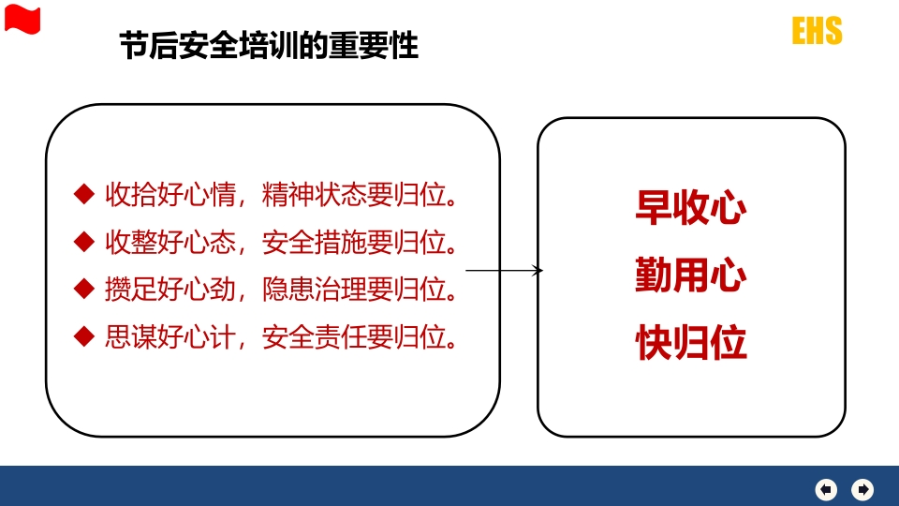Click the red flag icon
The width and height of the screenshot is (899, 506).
[x=22, y=19]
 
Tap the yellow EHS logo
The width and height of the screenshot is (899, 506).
[x=817, y=30]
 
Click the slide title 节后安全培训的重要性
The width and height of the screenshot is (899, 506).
[x=269, y=46]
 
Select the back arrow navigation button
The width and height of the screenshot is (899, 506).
[x=826, y=489]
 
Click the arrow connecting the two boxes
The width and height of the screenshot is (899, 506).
[x=504, y=270]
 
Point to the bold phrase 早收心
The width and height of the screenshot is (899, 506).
[x=691, y=207]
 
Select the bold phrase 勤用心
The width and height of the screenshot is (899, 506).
[x=691, y=275]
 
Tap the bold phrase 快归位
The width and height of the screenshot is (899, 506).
[x=691, y=343]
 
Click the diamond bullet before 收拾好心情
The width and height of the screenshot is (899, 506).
[x=84, y=194]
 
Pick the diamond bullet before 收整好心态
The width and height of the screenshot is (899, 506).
[x=84, y=242]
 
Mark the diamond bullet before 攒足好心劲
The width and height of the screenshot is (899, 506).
[x=84, y=289]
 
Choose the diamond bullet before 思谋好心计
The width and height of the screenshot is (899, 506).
[x=84, y=336]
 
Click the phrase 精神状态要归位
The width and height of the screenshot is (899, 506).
[x=354, y=195]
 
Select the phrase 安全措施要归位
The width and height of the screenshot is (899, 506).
[x=354, y=242]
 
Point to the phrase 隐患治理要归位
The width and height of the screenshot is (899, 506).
[x=354, y=290]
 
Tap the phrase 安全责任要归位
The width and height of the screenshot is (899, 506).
[x=354, y=336]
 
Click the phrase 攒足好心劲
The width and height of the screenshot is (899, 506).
[x=170, y=290]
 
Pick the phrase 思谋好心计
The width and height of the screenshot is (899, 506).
[x=170, y=336]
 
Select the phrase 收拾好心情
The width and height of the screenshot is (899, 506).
[x=170, y=195]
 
